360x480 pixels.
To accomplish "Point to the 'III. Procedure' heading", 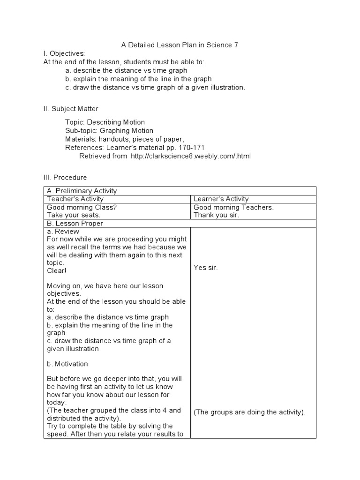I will click(65, 178).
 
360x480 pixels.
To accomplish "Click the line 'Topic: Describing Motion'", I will click(105, 122).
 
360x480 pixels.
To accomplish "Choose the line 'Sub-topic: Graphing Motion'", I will click(109, 131).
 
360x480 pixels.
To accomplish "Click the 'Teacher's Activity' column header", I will click(73, 199).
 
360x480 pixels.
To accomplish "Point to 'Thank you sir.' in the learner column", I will click(216, 215).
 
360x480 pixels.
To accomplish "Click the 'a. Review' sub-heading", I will click(63, 232).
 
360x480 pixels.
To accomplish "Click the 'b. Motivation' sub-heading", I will click(67, 364).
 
